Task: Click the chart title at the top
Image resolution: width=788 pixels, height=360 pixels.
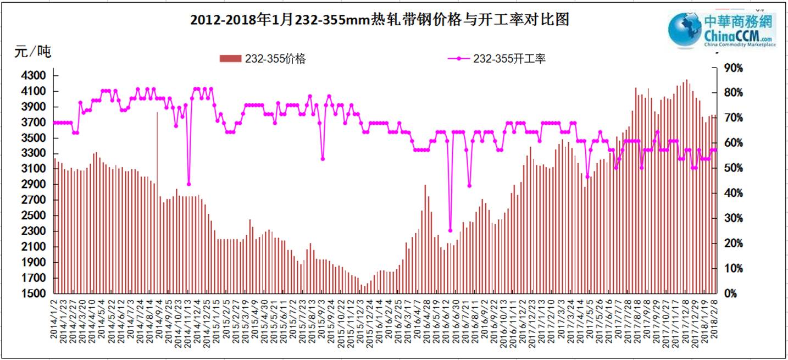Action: pyautogui.click(x=379, y=20)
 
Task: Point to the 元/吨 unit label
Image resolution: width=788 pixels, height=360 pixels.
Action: pyautogui.click(x=33, y=52)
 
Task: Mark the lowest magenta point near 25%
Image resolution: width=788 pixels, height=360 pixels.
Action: pyautogui.click(x=450, y=231)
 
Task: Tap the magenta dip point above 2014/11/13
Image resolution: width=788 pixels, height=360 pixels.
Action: pyautogui.click(x=188, y=184)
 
